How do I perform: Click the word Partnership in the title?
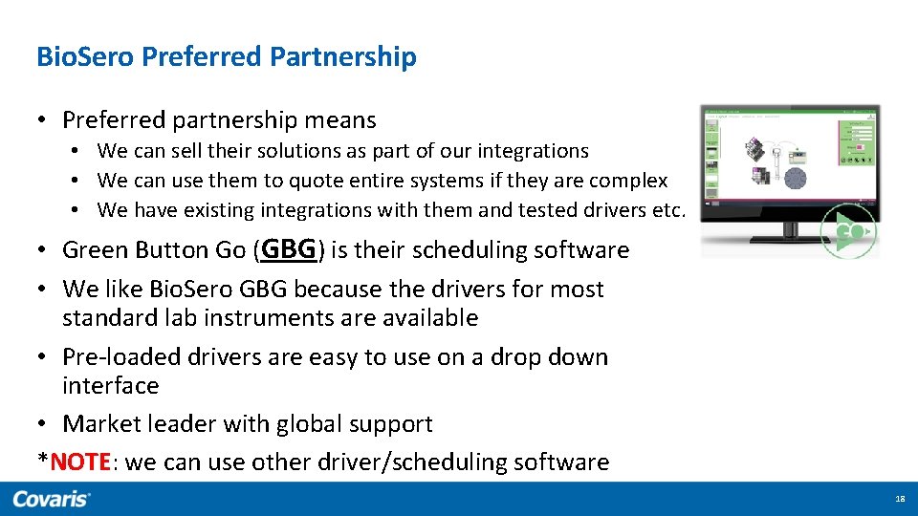point(343,57)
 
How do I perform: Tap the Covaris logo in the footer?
point(52,499)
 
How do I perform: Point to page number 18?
point(899,499)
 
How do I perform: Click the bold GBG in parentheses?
point(288,249)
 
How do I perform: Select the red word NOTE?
point(80,462)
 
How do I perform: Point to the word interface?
point(110,386)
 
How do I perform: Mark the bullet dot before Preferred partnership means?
point(43,120)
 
